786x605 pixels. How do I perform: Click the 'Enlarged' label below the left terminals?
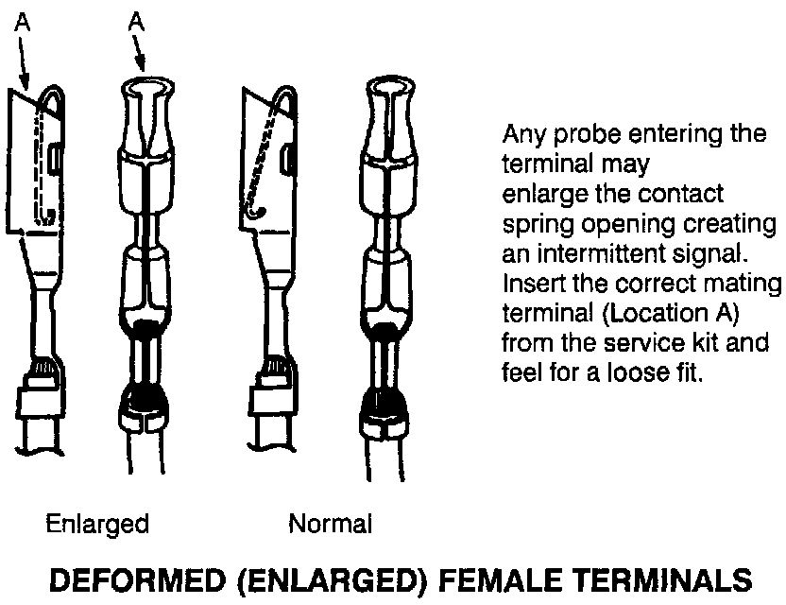[x=97, y=525]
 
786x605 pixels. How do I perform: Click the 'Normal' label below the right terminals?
[x=331, y=525]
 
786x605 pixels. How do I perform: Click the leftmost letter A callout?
[x=22, y=22]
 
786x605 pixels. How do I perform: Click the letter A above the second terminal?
[x=136, y=22]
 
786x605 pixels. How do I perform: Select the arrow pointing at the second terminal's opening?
[x=140, y=53]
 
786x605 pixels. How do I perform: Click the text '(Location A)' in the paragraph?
[x=671, y=314]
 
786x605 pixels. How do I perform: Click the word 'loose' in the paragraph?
[x=636, y=372]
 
